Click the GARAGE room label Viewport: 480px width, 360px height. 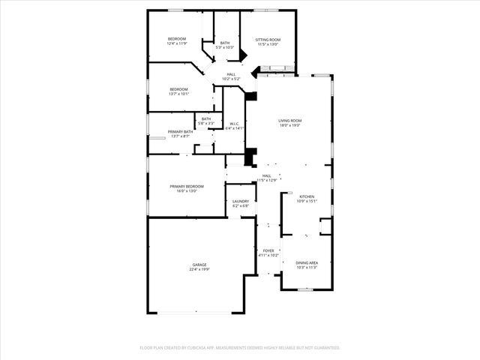pos(199,265)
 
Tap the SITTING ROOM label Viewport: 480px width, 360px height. pos(268,39)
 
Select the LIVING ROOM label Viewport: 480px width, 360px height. pos(290,120)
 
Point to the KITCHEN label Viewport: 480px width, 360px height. pos(307,196)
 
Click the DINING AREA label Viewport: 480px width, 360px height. pos(307,262)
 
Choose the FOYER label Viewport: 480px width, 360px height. pos(268,250)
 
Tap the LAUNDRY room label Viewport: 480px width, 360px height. pos(241,200)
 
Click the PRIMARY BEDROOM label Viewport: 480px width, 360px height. pos(187,186)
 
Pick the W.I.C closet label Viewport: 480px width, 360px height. pos(235,124)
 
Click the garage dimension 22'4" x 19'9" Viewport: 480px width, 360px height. pos(199,269)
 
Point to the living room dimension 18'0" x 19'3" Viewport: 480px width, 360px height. pos(290,125)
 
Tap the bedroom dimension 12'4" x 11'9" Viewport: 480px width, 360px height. pos(177,43)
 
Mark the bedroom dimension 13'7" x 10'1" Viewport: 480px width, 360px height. pos(179,94)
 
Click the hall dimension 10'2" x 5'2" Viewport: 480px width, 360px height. pos(231,79)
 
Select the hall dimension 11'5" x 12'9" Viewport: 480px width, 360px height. pos(267,180)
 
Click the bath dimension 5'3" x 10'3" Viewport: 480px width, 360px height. pos(225,47)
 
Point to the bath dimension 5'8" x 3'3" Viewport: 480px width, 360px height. pos(206,123)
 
